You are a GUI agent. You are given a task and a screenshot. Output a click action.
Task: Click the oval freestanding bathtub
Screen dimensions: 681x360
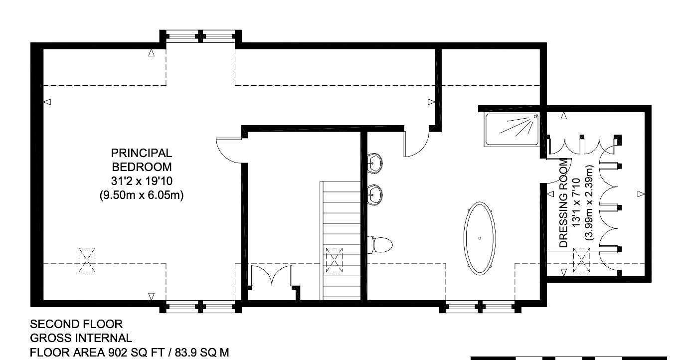point(480,238)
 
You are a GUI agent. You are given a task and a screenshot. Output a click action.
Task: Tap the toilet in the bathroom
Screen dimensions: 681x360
point(380,244)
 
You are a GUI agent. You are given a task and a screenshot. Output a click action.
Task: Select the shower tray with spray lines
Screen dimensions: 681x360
point(511,130)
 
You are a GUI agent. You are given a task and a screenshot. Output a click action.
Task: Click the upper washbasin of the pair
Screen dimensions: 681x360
point(374,163)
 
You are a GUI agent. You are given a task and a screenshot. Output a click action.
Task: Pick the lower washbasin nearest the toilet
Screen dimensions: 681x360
point(374,194)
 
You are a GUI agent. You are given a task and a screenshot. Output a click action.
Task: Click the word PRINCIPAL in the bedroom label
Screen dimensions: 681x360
point(142,153)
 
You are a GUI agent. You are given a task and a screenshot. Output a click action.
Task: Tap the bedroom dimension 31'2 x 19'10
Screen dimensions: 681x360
point(142,181)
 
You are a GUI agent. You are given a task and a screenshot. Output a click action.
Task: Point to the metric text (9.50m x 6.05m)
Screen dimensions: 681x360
point(142,195)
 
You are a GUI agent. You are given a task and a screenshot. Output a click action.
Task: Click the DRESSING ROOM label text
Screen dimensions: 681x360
point(563,203)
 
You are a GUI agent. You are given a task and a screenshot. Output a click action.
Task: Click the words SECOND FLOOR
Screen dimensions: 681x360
point(76,324)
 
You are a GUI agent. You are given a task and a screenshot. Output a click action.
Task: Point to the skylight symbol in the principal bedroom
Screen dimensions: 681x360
point(87,260)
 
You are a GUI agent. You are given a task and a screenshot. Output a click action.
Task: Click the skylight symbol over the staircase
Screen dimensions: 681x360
point(334,260)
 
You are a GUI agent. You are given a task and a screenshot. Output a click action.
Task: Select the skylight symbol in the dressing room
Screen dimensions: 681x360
point(581,260)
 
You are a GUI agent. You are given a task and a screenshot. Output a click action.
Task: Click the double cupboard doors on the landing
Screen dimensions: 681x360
point(272,275)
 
